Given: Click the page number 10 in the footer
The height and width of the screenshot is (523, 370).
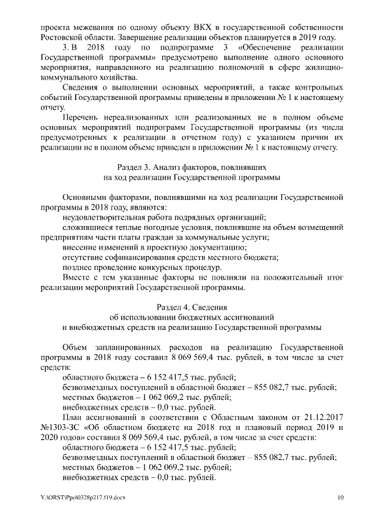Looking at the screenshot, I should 341,498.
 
